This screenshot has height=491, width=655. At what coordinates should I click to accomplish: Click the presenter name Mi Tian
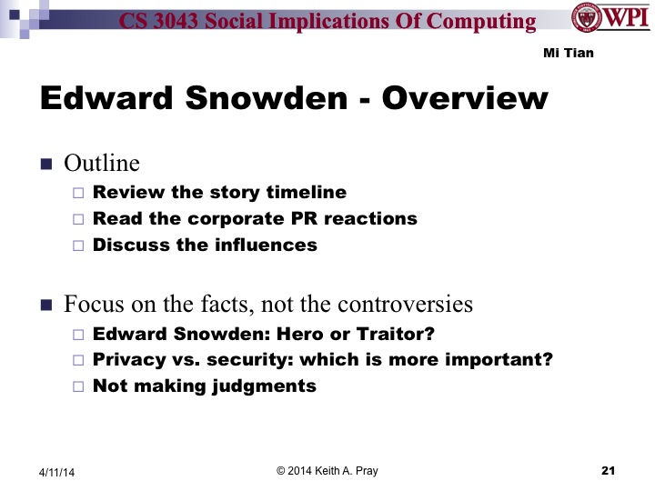[568, 53]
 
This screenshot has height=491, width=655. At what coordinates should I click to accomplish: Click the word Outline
[102, 164]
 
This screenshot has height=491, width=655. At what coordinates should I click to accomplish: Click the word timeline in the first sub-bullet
[306, 192]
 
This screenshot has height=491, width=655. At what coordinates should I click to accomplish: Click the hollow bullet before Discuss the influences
[77, 245]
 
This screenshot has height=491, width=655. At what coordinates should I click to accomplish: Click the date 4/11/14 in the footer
[57, 472]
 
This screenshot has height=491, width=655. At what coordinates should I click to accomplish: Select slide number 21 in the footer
[609, 470]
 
